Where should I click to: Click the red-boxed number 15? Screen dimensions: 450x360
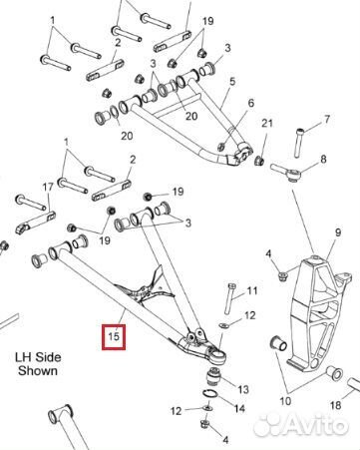tap(114, 336)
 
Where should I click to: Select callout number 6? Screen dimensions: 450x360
tap(250, 103)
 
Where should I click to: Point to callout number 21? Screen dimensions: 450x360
tap(265, 123)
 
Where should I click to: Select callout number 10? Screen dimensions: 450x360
tap(285, 402)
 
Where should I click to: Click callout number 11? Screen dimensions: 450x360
tap(252, 290)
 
